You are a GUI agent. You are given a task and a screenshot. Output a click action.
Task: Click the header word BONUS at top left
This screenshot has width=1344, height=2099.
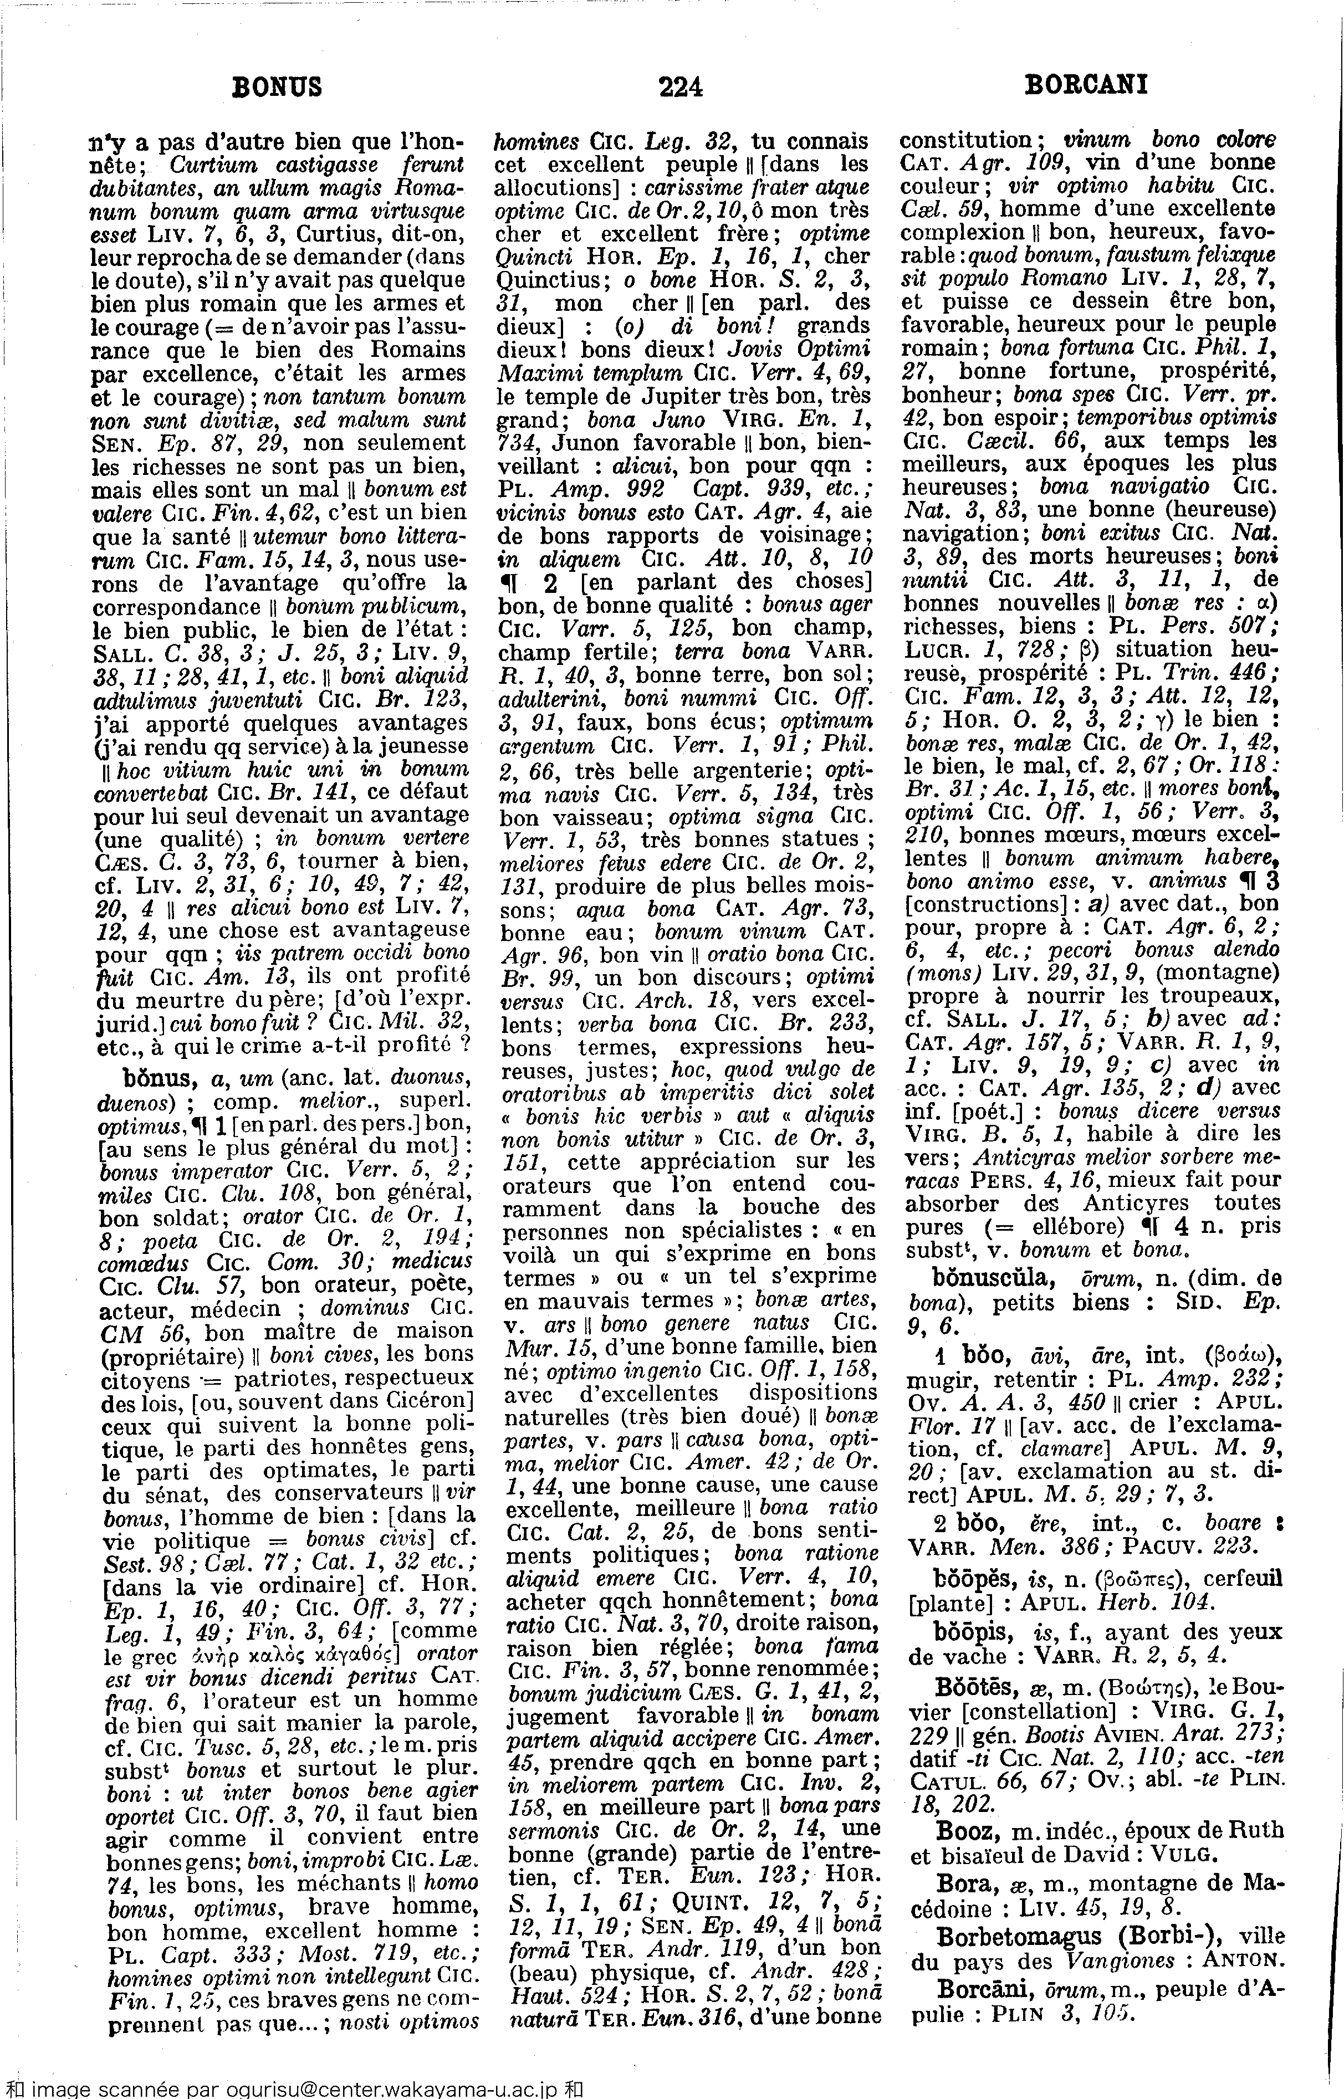(277, 86)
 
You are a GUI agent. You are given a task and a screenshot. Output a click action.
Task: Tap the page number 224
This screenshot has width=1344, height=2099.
(681, 86)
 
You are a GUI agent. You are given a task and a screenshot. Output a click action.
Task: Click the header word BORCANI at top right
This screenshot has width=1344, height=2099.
(1086, 85)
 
